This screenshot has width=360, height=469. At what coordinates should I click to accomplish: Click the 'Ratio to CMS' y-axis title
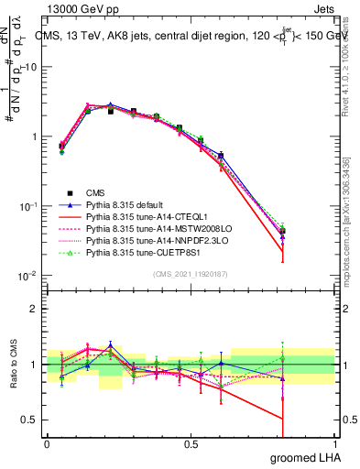pos(14,365)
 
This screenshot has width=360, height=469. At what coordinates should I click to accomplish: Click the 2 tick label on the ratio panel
pos(35,309)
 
